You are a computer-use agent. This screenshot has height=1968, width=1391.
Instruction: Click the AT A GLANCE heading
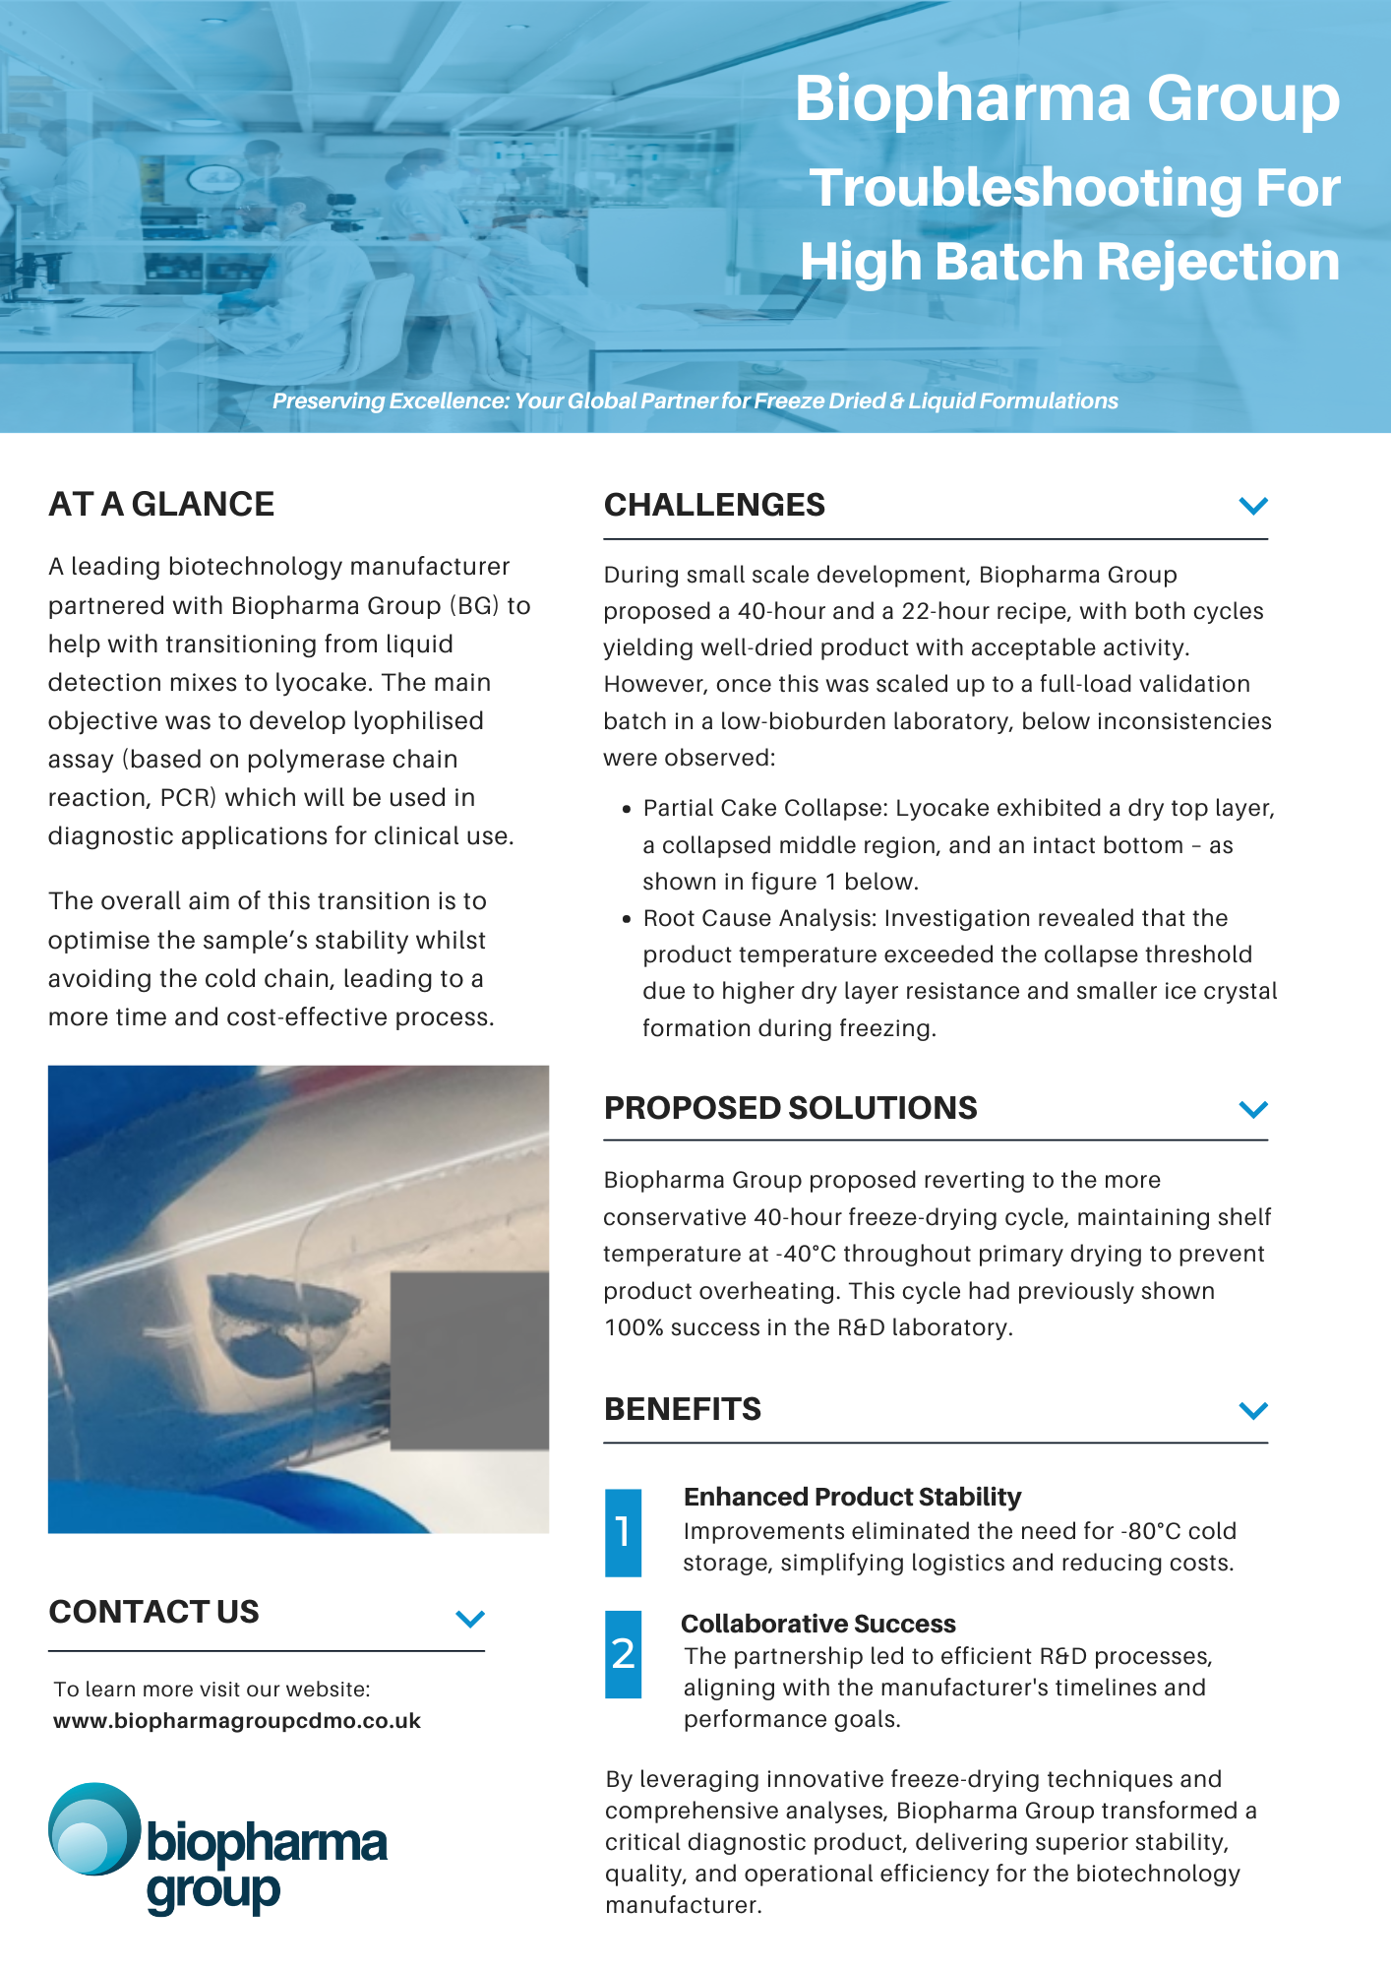click(x=161, y=504)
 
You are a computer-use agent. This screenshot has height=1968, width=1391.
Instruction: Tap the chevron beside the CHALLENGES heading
click(x=1253, y=506)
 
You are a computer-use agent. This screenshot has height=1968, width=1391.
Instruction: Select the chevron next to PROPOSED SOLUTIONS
click(x=1253, y=1109)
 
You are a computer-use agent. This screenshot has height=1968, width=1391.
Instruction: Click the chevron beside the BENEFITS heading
click(x=1253, y=1410)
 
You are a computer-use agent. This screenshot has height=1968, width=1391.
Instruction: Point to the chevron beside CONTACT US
click(x=470, y=1619)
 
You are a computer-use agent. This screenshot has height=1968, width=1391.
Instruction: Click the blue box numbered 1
click(x=623, y=1532)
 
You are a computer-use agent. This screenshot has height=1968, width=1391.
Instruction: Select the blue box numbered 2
click(x=623, y=1654)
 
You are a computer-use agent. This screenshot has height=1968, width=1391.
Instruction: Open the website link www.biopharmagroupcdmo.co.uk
click(x=237, y=1721)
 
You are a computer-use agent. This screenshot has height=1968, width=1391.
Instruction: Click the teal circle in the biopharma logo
click(x=93, y=1828)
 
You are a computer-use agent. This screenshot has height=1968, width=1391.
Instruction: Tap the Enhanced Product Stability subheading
click(x=852, y=1497)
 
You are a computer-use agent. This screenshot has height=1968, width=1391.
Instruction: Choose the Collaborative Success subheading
click(x=817, y=1624)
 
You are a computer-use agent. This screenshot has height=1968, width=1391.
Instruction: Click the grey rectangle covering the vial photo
click(x=469, y=1360)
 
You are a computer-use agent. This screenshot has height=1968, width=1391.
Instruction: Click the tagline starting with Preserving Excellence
click(x=695, y=401)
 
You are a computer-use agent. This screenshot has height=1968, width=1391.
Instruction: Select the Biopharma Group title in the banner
click(x=1066, y=98)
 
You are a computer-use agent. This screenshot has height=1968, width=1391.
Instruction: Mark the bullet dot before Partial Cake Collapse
click(x=627, y=809)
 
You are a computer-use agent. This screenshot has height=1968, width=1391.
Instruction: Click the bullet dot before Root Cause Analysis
click(x=627, y=919)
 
